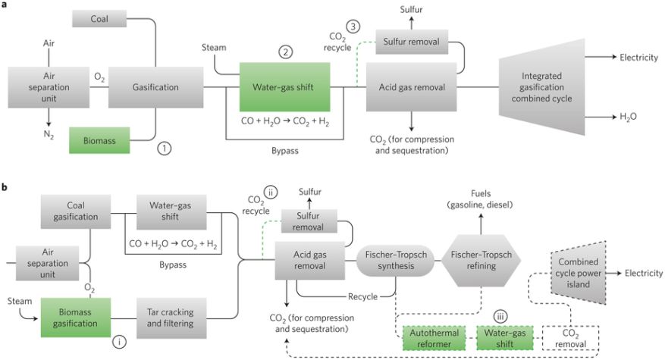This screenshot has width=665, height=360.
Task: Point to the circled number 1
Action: [x=165, y=149]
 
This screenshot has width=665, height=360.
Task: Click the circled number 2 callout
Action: [x=285, y=52]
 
